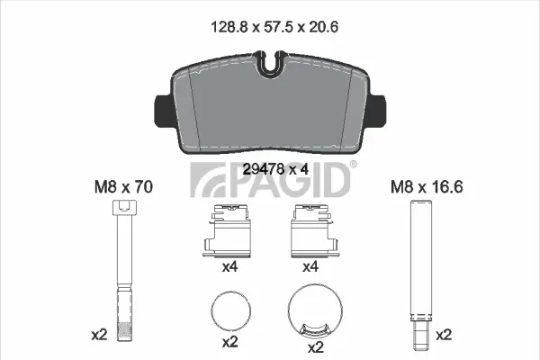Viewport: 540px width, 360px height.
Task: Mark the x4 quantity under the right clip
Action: click(x=311, y=267)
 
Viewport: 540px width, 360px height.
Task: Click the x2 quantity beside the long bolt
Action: click(x=99, y=334)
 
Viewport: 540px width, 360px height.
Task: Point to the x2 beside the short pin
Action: click(x=444, y=334)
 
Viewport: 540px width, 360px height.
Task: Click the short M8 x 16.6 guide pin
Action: click(x=420, y=274)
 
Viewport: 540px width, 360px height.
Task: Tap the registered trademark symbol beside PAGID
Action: click(x=353, y=165)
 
